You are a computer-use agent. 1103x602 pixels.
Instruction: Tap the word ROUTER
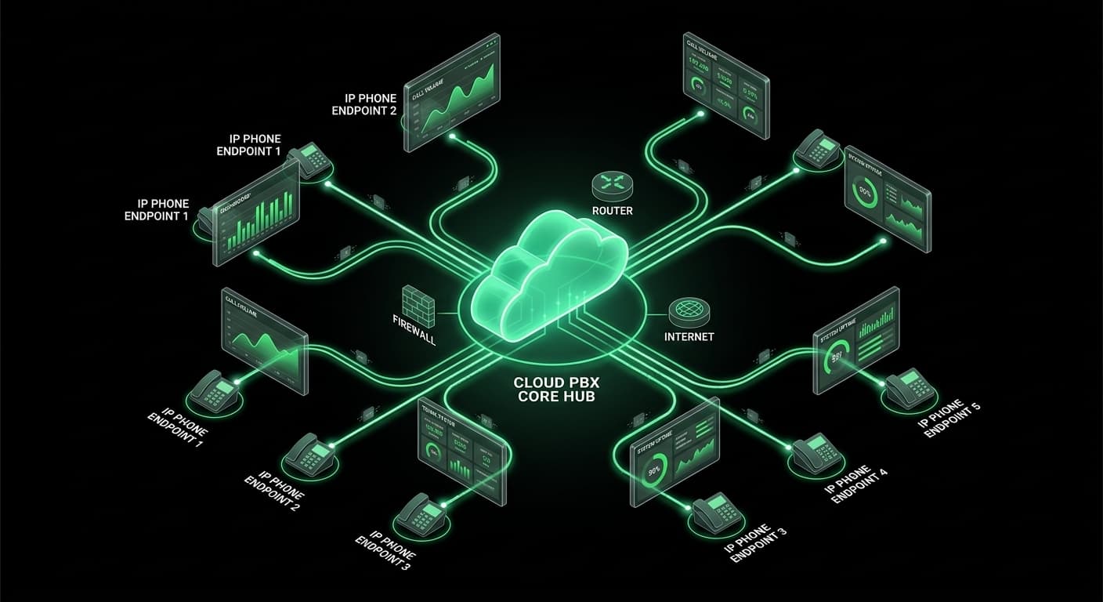613,211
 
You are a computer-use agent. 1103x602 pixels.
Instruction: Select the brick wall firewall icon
417,301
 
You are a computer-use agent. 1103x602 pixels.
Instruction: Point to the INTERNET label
689,337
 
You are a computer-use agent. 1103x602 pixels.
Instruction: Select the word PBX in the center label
577,383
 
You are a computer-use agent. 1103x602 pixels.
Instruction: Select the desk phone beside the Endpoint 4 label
817,453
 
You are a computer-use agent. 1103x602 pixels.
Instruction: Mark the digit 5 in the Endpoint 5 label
975,406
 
